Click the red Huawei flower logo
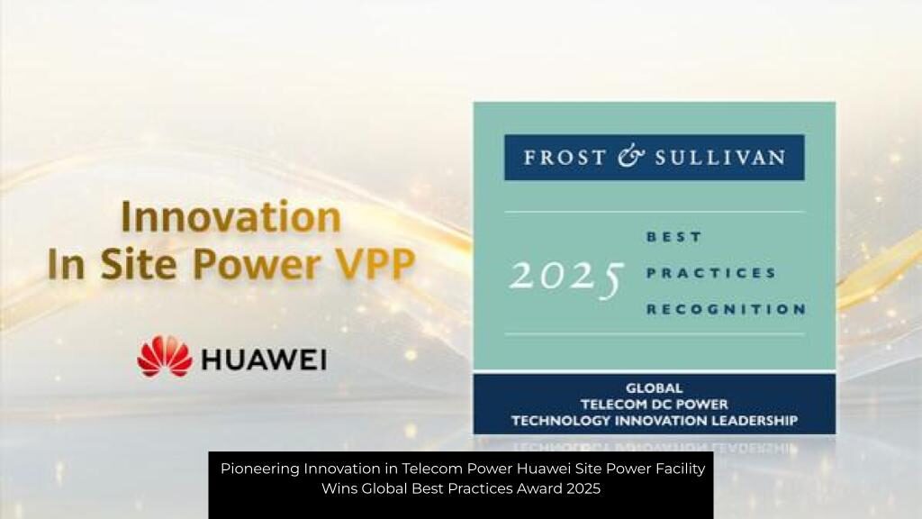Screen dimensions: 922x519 tap(165, 356)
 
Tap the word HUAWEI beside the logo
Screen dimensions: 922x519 tap(264, 360)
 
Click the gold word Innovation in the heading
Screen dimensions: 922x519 tap(231, 217)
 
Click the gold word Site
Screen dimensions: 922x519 tap(138, 264)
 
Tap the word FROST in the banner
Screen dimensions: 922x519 tap(556, 158)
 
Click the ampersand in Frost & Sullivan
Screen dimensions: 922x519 tap(631, 157)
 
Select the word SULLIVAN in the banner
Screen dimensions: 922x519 tap(720, 158)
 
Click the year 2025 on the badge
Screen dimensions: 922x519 tap(566, 277)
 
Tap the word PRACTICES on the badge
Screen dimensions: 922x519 tap(711, 273)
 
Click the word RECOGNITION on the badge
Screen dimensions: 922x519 tap(727, 310)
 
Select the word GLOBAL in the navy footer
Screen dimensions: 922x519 tap(654, 388)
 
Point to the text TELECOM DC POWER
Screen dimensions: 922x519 tap(654, 405)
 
